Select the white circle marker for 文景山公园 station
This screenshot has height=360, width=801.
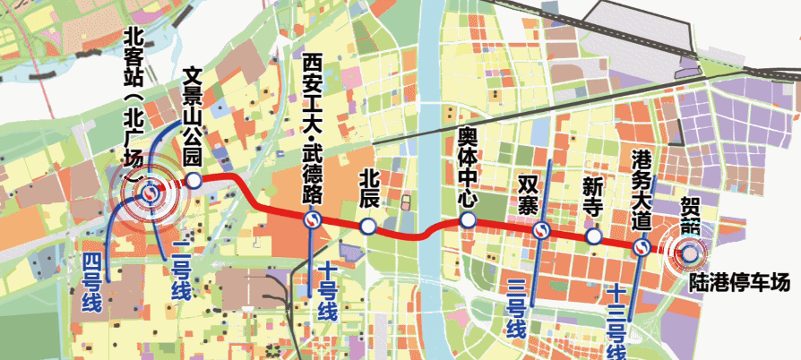click(x=194, y=181)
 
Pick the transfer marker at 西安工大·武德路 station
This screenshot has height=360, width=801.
click(x=312, y=219)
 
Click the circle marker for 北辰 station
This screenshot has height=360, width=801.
click(x=367, y=227)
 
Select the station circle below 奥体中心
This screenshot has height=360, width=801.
click(x=467, y=220)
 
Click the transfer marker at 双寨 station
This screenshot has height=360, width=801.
click(x=540, y=232)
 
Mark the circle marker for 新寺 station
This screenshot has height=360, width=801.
click(x=593, y=236)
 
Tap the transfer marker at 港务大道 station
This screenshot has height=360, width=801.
click(x=642, y=248)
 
